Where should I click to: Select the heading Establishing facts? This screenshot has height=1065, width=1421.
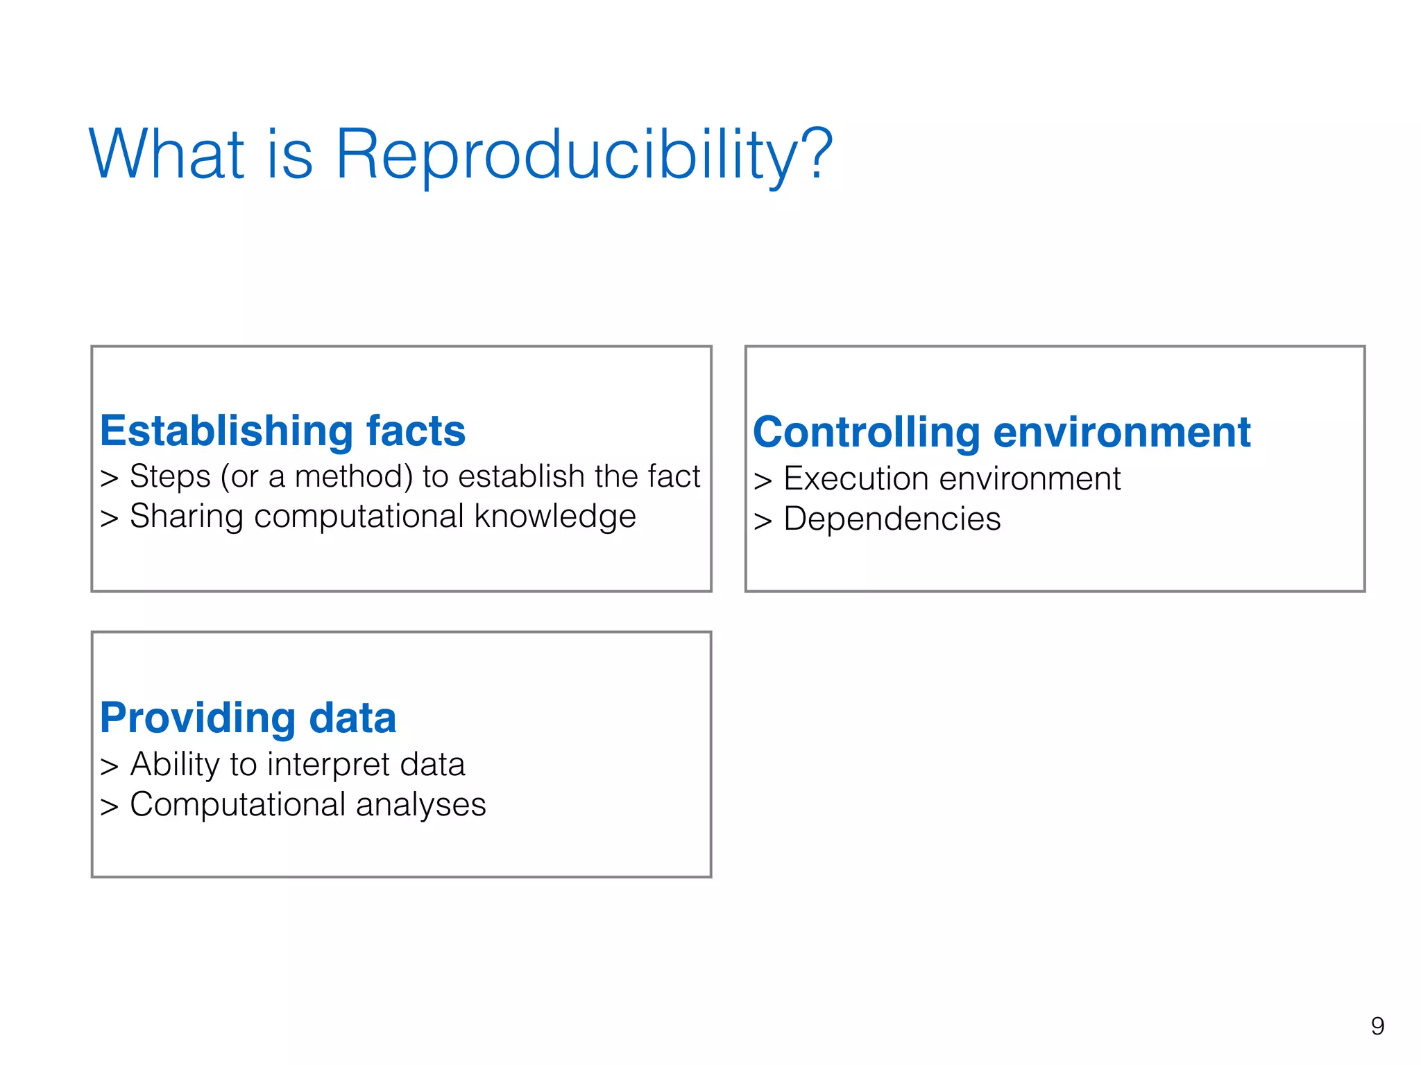pos(282,431)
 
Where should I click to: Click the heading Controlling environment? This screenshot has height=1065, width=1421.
pos(1001,432)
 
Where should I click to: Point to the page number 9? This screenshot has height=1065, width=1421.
pos(1377,1025)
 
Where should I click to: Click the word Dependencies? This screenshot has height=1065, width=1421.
pos(892,519)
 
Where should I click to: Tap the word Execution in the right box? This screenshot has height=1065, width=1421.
pos(856,478)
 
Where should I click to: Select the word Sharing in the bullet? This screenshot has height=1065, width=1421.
pos(186,517)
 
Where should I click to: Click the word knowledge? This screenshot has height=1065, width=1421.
pos(555,517)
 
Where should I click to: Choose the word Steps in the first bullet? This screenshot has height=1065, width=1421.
pos(170,477)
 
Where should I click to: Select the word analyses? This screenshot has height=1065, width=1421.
pos(420,805)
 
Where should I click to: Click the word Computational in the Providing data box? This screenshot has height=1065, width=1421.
pos(237,805)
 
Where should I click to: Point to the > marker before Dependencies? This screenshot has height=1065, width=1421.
pos(763,521)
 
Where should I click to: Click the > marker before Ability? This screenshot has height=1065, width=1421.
pos(109,766)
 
